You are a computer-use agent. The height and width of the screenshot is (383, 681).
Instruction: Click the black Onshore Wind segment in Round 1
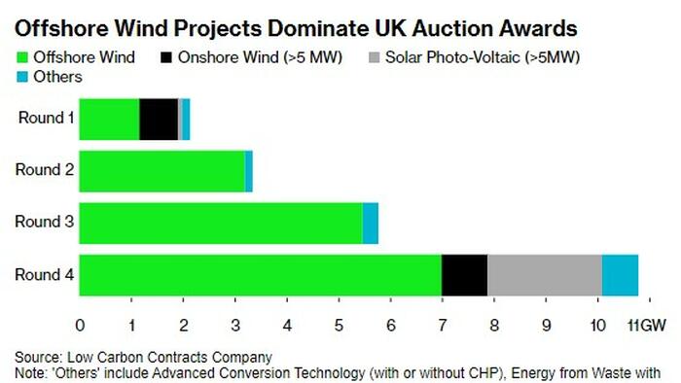pos(159,120)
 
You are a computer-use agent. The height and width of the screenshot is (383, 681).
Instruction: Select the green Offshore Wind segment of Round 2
pos(162,171)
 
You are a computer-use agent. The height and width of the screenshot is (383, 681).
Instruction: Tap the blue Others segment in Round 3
pos(370,224)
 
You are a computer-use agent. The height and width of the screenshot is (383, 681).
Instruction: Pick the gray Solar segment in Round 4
pos(545,275)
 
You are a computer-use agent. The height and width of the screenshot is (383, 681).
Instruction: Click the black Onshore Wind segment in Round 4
pos(464,275)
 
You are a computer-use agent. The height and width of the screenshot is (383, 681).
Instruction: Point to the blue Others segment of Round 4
pos(621,275)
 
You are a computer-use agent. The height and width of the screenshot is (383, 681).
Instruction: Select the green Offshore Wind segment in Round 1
pos(109,120)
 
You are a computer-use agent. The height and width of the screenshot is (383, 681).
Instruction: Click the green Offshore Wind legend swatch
pos(22,57)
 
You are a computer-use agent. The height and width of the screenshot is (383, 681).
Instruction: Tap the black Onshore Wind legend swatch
pos(166,57)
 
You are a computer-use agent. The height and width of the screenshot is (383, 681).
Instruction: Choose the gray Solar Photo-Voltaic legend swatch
pos(374,57)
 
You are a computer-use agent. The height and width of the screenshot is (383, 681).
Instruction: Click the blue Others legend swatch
pos(22,77)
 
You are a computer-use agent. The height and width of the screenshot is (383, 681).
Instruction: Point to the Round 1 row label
pos(46,118)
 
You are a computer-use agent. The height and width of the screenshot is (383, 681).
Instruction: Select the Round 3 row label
pos(45,222)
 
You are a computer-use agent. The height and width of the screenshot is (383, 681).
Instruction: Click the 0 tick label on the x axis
pos(80,326)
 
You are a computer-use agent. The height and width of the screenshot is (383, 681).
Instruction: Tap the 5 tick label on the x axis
pos(339,326)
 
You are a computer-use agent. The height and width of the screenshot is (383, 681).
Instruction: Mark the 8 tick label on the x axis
pos(494,326)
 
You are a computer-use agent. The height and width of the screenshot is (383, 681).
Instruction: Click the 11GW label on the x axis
pos(647,326)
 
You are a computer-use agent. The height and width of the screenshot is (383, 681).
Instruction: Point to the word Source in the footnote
pos(38,358)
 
